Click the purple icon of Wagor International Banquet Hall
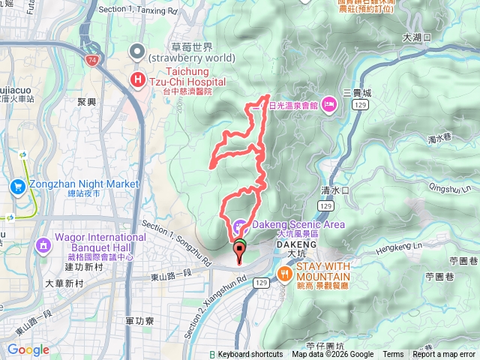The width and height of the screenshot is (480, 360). (x=42, y=244)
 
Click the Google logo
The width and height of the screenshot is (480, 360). (x=28, y=349)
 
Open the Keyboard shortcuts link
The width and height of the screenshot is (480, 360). (x=250, y=355)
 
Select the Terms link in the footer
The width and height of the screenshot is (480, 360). (x=393, y=355)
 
